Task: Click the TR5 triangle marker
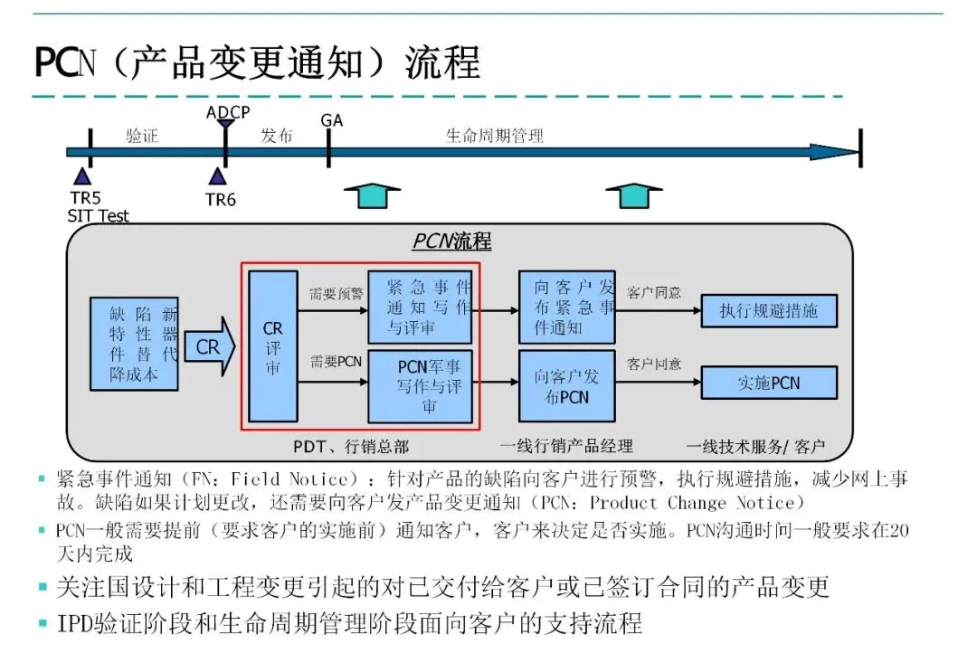[82, 175]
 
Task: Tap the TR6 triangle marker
[217, 175]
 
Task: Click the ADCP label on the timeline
[227, 112]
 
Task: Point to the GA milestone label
[332, 120]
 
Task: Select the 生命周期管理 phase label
[494, 137]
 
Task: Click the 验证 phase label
[142, 137]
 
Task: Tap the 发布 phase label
[276, 137]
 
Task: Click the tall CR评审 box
[273, 346]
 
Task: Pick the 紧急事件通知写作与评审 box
[421, 308]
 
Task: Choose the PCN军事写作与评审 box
[421, 387]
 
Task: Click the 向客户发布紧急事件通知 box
[566, 308]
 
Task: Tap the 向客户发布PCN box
[566, 386]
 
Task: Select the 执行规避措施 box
[769, 311]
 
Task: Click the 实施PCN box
[769, 383]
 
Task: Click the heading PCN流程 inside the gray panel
[452, 242]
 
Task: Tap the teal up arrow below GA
[372, 194]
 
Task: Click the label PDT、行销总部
[351, 446]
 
